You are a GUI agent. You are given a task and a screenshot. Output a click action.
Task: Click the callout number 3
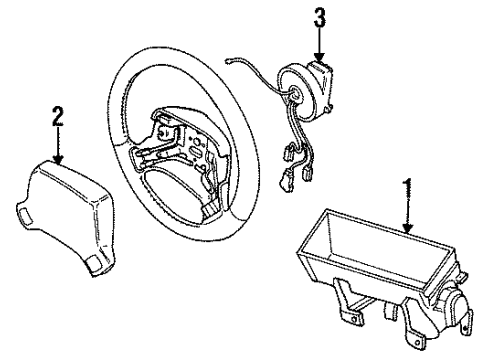pos(320,16)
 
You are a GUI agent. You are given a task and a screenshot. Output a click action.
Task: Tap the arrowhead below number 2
pos(58,162)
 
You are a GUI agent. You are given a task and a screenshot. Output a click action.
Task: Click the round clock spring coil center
pos(298,88)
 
